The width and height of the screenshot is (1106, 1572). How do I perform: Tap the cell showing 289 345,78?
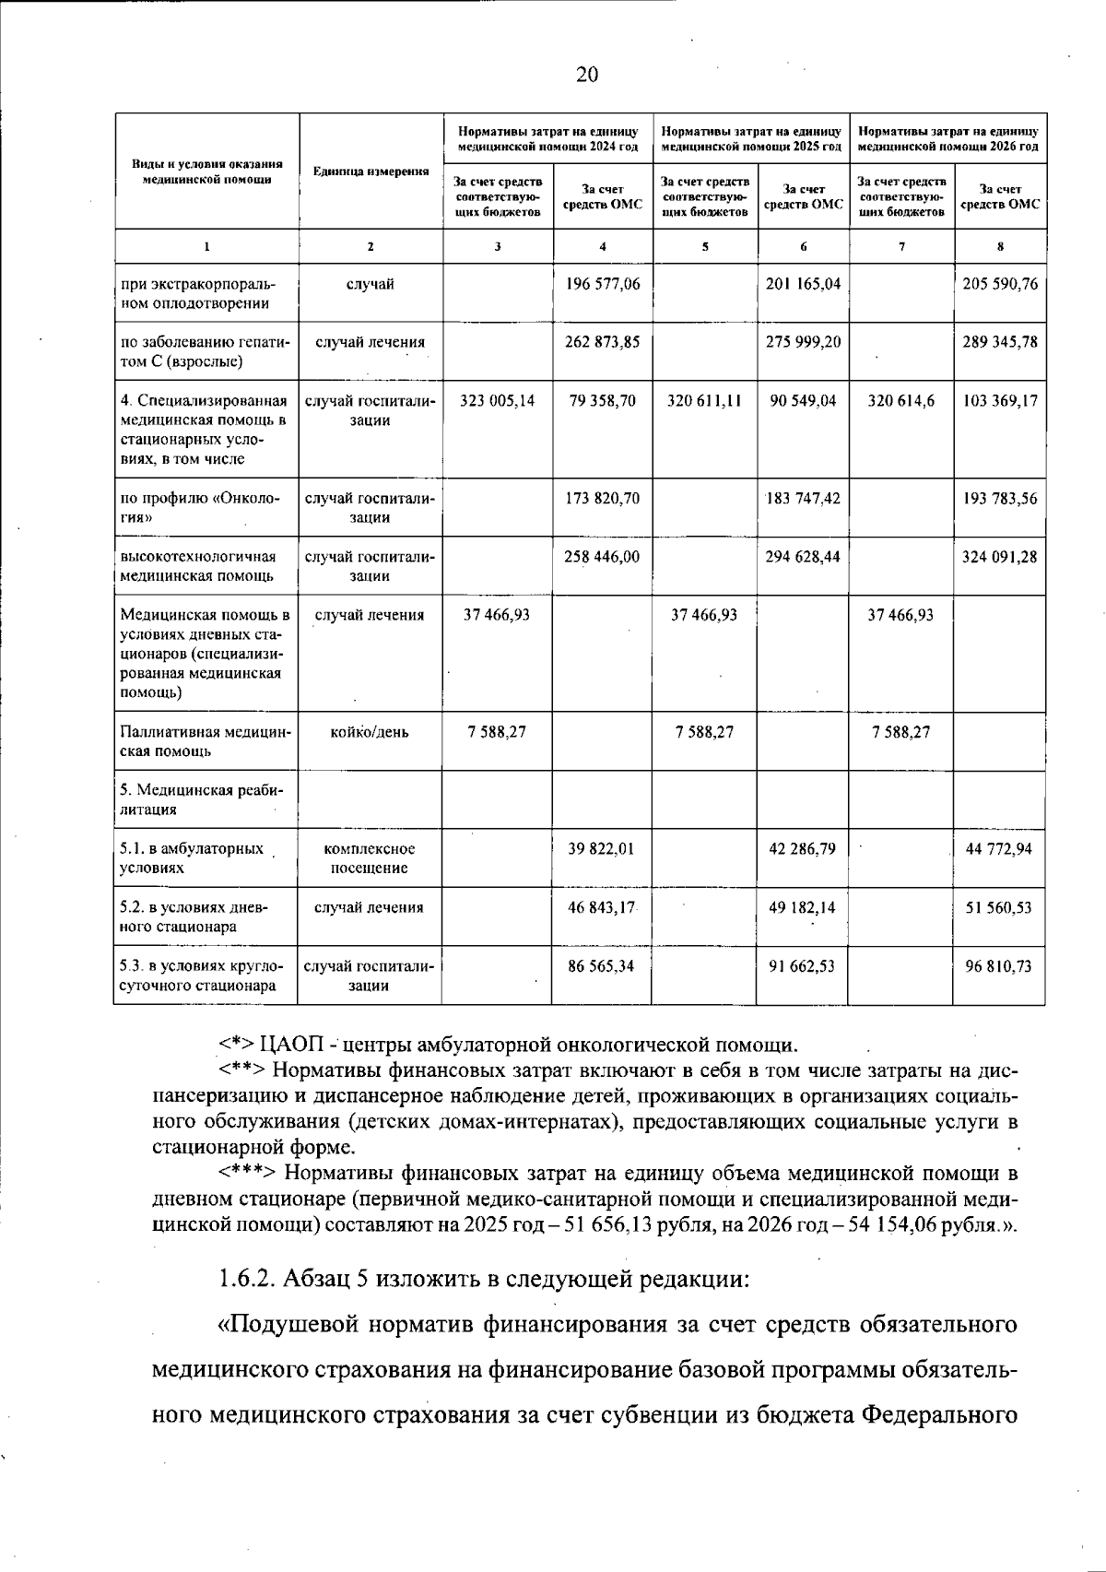1000,342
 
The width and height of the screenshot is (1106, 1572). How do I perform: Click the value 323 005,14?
498,401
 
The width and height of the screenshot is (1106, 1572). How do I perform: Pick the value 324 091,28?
1000,557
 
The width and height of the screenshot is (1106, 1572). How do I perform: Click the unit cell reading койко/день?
370,732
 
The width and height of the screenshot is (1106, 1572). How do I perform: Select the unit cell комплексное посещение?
370,857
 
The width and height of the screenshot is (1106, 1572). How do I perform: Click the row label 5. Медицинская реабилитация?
203,800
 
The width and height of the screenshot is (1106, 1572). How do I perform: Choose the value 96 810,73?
998,966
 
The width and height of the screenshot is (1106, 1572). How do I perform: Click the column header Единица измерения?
371,172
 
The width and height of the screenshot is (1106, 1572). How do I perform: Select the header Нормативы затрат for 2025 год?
751,139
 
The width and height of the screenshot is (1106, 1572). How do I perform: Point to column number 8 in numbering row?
1000,246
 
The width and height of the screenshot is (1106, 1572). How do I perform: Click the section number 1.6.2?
247,1279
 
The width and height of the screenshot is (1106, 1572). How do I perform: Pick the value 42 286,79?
802,848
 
